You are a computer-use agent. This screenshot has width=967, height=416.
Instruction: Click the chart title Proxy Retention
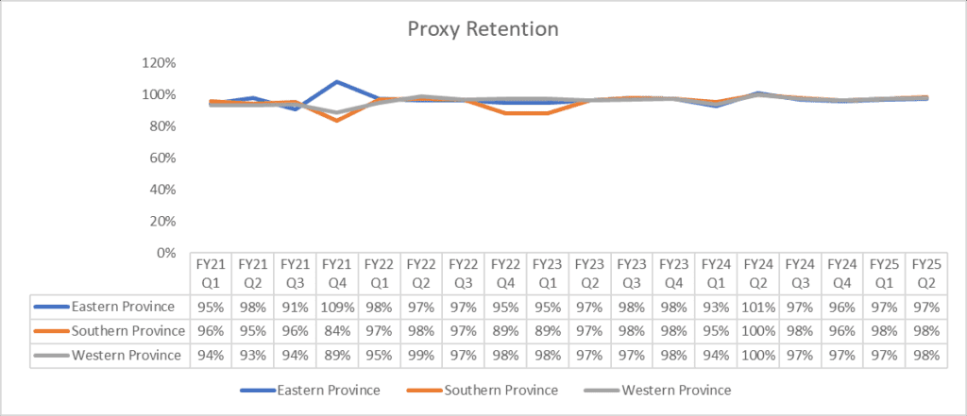483,28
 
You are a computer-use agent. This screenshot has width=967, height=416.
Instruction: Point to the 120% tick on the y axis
160,62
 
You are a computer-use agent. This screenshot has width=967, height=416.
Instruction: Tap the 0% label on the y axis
166,253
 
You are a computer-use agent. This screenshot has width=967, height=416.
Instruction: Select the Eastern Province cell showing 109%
337,307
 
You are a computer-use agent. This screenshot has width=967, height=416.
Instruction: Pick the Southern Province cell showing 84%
337,331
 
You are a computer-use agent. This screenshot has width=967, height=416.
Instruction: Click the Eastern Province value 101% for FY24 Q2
756,307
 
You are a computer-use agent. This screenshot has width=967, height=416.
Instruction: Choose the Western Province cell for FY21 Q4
337,356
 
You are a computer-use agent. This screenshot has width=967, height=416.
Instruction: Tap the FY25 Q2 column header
924,274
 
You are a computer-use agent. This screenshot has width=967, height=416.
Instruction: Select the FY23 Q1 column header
547,274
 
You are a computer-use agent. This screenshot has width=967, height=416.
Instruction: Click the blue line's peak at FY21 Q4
337,81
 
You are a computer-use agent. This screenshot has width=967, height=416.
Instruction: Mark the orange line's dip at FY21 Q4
337,121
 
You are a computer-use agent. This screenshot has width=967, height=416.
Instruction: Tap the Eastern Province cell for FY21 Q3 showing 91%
296,307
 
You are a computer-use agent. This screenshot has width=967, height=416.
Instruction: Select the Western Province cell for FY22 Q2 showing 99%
421,356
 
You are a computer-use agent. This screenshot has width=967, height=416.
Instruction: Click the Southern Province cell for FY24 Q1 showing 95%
714,331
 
